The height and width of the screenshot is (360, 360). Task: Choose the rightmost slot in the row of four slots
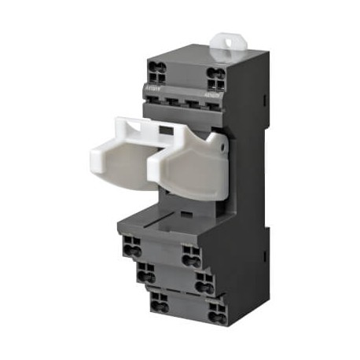coord(205,104)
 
